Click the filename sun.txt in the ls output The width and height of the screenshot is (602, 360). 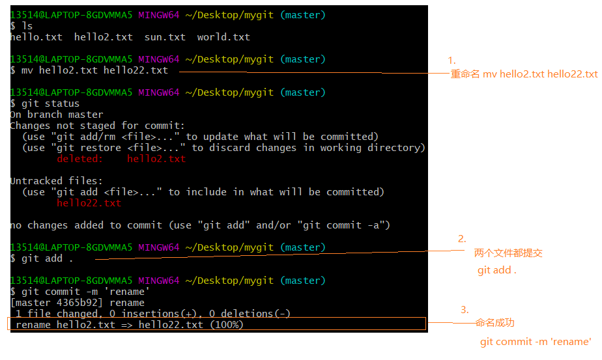tap(165, 37)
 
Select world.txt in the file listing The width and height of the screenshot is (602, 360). tap(223, 37)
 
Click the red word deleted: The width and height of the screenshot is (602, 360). tap(80, 158)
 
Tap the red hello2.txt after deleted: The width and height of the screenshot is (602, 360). tap(156, 158)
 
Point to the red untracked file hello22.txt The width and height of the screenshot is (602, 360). tap(89, 202)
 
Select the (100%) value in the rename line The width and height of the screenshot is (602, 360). tap(227, 325)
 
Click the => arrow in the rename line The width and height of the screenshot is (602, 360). tap(126, 325)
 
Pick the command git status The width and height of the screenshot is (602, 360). tap(50, 104)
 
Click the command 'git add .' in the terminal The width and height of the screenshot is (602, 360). tap(47, 258)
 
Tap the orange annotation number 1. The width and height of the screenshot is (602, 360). tap(451, 61)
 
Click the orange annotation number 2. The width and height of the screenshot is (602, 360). tap(462, 239)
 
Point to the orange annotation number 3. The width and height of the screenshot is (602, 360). tap(465, 310)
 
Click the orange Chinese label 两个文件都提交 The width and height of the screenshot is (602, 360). tap(508, 253)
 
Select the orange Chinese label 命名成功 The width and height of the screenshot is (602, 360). tap(494, 323)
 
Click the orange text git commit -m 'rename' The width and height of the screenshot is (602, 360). tap(536, 342)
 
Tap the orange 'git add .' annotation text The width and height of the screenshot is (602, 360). tap(497, 270)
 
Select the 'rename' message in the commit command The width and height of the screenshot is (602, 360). tap(127, 292)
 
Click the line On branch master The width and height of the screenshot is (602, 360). tap(57, 115)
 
